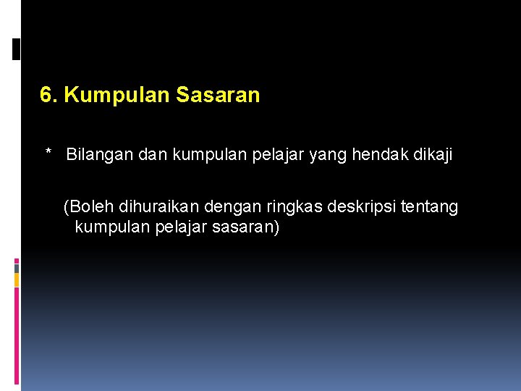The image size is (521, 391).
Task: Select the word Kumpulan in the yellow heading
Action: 116,96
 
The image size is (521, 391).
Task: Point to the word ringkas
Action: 297,208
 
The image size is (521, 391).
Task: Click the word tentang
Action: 432,208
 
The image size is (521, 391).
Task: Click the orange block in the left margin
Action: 17,279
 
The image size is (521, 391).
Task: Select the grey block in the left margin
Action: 17,267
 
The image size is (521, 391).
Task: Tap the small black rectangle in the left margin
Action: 17,49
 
